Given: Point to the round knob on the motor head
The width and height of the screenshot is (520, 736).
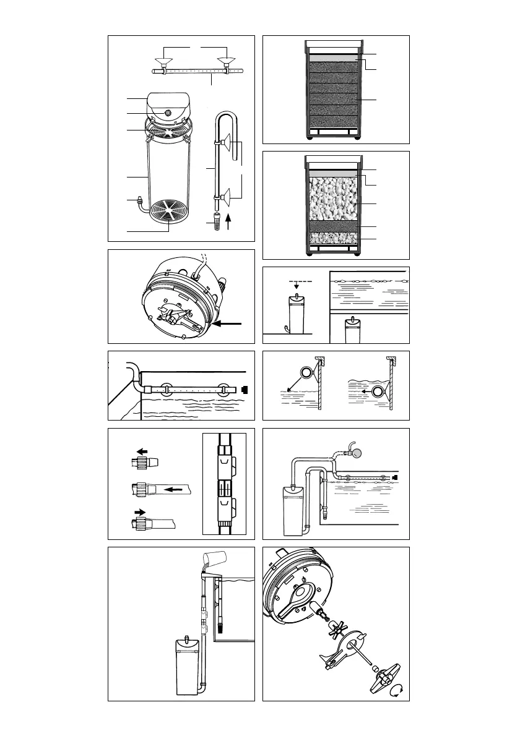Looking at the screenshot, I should [x=169, y=113].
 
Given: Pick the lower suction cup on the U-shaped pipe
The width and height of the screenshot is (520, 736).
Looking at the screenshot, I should [x=227, y=197].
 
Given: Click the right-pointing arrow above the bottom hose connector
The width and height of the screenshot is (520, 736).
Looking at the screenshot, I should [x=141, y=512].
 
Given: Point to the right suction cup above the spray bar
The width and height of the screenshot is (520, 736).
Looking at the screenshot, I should [x=227, y=62].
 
